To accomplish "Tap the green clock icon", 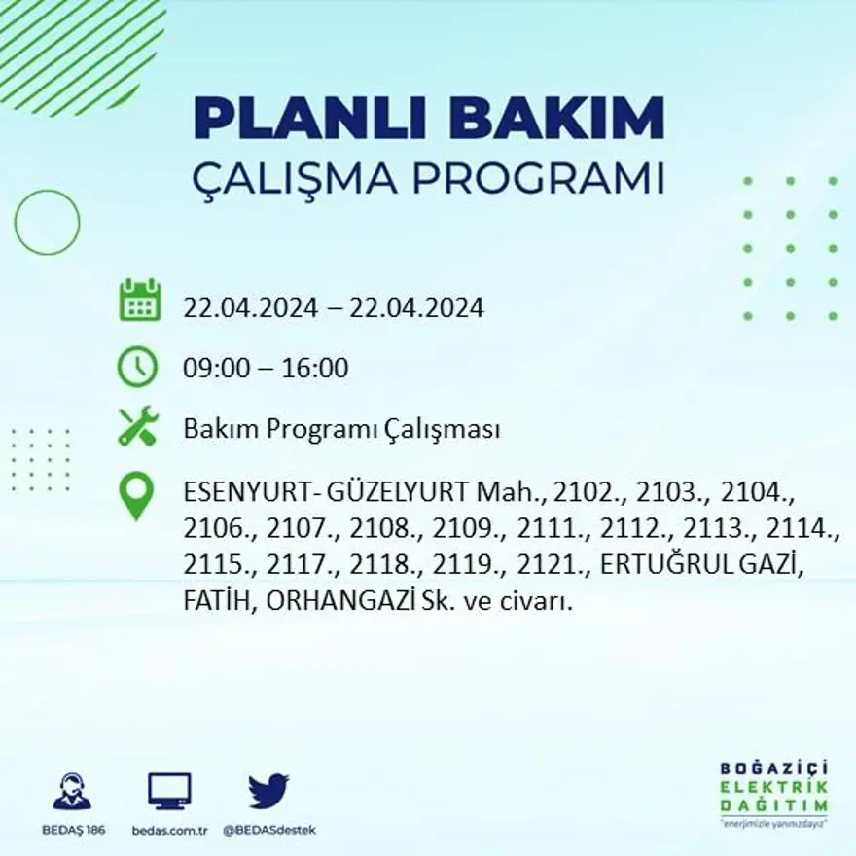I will (137, 367).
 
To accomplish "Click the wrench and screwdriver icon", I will (137, 427).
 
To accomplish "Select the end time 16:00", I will (314, 369).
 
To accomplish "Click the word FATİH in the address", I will (218, 602).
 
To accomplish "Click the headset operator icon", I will (72, 792).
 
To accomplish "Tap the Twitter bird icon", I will (268, 791).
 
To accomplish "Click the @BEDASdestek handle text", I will (268, 830).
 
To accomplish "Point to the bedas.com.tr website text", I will (169, 830).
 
